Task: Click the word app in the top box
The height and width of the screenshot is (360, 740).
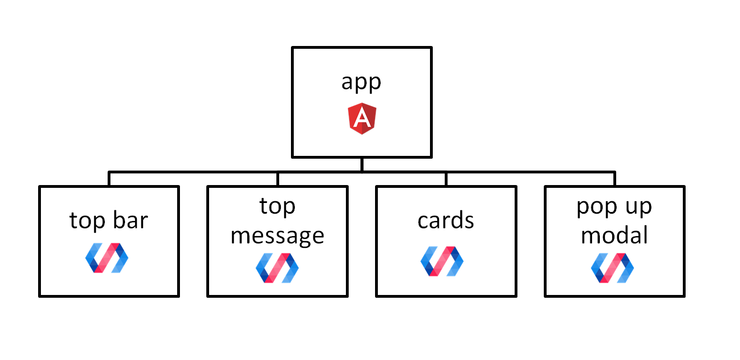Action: point(361,82)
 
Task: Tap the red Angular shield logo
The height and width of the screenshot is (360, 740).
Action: point(362,118)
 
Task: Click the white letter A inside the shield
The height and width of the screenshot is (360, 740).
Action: point(362,118)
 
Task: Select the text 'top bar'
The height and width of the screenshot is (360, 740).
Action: point(109,221)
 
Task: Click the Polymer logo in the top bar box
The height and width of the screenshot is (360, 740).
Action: point(107,258)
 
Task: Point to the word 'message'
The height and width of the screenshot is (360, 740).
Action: point(277,237)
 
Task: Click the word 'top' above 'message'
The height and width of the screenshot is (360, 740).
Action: point(277,207)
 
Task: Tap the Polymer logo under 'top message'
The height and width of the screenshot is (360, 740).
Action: point(277,268)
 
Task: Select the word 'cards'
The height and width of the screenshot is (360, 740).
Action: point(446,220)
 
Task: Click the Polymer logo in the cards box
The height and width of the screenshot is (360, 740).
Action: point(442,261)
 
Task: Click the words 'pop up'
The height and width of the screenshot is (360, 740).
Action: point(614,207)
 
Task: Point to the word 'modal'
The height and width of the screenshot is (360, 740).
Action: point(614,236)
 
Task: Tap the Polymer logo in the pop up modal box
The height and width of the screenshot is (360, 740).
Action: point(613,268)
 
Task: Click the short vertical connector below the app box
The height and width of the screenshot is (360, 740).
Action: point(362,165)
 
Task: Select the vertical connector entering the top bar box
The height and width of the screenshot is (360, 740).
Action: point(109,179)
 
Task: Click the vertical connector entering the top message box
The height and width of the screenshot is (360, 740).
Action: point(278,179)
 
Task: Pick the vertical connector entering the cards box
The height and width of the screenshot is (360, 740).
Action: point(446,179)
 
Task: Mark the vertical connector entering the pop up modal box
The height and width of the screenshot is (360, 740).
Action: point(615,179)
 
